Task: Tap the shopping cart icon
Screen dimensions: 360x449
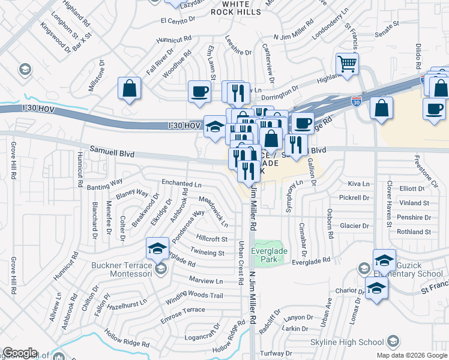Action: [348, 64]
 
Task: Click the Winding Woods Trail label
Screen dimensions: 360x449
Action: [194, 295]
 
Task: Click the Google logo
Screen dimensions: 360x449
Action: [20, 353]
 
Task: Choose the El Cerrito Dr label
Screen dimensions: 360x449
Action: [178, 20]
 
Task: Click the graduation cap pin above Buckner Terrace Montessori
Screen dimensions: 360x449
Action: [157, 248]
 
